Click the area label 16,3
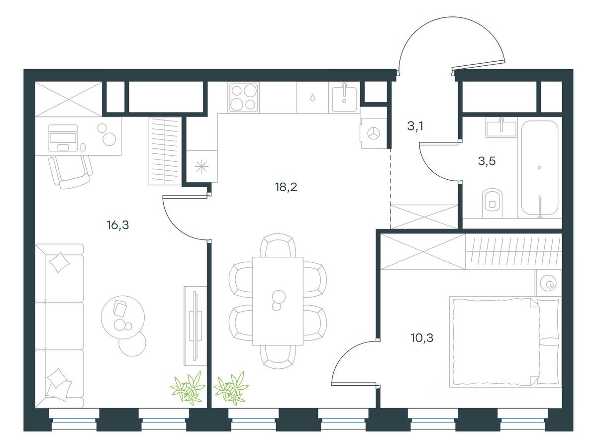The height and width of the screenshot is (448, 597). point(117,225)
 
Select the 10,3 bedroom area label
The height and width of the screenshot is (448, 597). point(422,338)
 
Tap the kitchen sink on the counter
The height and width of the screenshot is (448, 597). point(343,97)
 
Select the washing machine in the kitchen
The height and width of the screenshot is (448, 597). point(374,133)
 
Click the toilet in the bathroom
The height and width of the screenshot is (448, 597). point(493,201)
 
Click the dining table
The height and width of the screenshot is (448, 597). point(278,300)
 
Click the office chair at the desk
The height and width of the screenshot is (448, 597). point(71,170)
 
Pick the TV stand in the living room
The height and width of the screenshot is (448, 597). point(195,326)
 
